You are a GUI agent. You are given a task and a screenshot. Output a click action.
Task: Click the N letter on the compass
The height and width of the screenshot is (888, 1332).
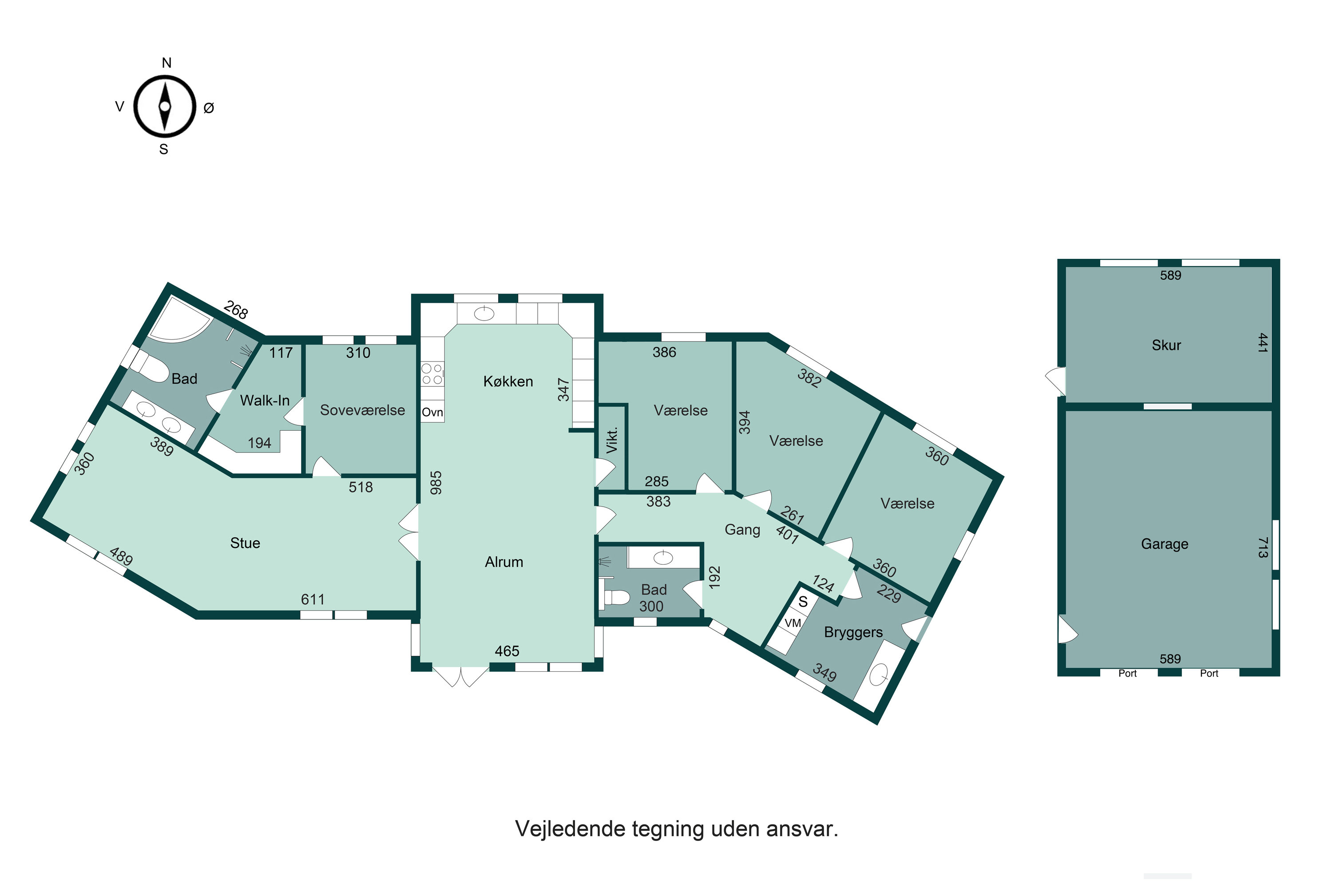point(166,63)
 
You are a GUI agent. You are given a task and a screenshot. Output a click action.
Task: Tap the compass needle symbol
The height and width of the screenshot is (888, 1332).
point(165,107)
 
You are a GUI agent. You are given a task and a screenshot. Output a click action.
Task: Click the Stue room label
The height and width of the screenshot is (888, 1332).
point(245,543)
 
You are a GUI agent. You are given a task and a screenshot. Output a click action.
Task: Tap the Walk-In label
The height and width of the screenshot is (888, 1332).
point(265,400)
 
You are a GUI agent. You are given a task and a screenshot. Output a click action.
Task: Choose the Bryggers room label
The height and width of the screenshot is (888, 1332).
point(853,633)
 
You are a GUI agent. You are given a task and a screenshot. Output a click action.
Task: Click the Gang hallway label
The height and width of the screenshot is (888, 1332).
point(742,530)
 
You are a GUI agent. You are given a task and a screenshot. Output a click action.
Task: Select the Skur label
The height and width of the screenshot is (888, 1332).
point(1167,345)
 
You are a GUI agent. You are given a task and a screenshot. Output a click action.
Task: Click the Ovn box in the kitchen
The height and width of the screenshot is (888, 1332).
point(432,412)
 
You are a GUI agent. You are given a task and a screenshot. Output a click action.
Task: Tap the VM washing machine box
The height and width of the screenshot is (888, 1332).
point(793,623)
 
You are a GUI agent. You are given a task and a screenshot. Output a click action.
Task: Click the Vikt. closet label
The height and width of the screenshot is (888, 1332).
point(612,440)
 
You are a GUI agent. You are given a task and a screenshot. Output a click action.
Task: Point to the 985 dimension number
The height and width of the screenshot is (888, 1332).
point(436,483)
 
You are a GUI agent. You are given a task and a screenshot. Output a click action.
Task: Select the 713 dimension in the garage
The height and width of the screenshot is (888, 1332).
point(1262,547)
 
